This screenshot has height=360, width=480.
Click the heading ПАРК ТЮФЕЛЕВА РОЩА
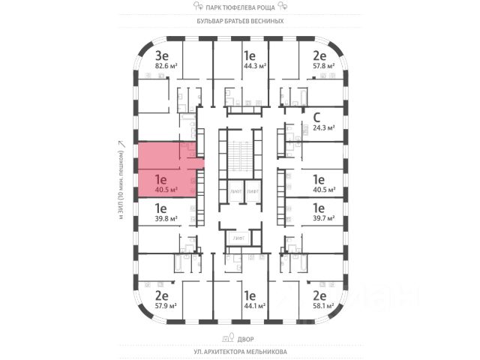(239, 7)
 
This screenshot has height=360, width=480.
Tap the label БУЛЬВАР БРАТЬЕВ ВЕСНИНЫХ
(239, 21)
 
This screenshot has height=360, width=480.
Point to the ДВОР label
(239, 337)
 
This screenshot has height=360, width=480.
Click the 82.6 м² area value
(165, 66)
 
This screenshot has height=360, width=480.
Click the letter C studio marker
(317, 116)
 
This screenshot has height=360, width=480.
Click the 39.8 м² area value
(165, 219)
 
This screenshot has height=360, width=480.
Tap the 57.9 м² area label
(165, 306)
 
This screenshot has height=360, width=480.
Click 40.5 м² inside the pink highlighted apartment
(165, 190)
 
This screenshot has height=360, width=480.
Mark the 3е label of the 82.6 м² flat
(160, 55)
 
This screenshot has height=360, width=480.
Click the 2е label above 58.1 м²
(319, 295)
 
